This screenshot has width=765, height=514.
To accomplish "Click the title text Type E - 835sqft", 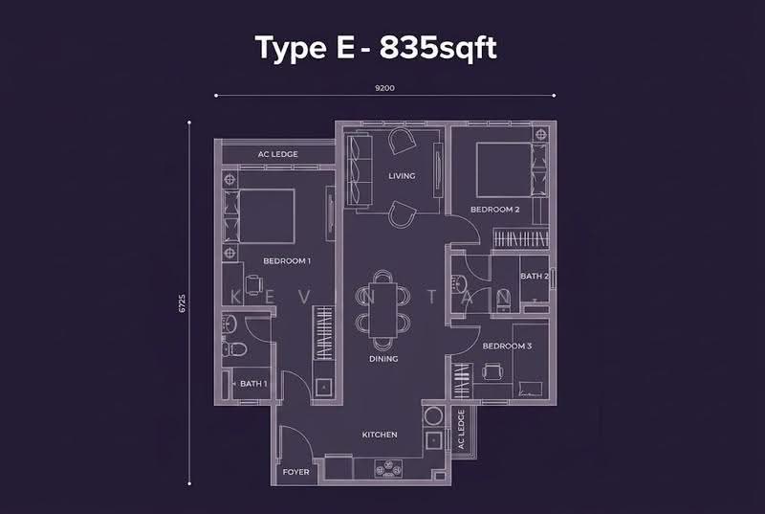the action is click(x=376, y=48).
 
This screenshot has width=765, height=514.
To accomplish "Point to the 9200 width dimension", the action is click(x=384, y=88).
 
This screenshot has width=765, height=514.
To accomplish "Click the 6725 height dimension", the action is click(x=182, y=303).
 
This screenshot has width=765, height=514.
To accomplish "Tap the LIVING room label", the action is click(x=402, y=176).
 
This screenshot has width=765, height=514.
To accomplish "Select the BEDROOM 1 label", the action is click(x=287, y=261).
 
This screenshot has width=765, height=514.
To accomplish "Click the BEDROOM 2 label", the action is click(x=494, y=210).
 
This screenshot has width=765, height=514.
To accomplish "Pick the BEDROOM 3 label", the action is click(x=507, y=346).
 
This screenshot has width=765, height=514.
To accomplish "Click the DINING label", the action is click(x=383, y=359).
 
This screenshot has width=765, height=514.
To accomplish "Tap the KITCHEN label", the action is click(x=380, y=435).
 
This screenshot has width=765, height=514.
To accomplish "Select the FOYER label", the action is click(x=295, y=472).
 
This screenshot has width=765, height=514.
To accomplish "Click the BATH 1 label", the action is click(x=253, y=384).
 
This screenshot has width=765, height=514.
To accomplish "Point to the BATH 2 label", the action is click(x=535, y=277).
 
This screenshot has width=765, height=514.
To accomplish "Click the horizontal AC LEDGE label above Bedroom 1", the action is click(x=277, y=154).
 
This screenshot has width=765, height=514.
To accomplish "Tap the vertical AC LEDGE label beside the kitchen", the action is click(x=461, y=430).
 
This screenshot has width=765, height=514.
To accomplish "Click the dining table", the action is click(x=383, y=310).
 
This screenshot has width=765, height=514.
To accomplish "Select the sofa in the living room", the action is click(x=360, y=170).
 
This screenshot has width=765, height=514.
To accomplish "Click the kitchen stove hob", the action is click(x=389, y=468).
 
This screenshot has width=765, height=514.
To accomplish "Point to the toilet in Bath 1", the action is click(x=234, y=348).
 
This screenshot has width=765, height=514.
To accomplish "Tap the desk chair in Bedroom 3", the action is click(x=492, y=372).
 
